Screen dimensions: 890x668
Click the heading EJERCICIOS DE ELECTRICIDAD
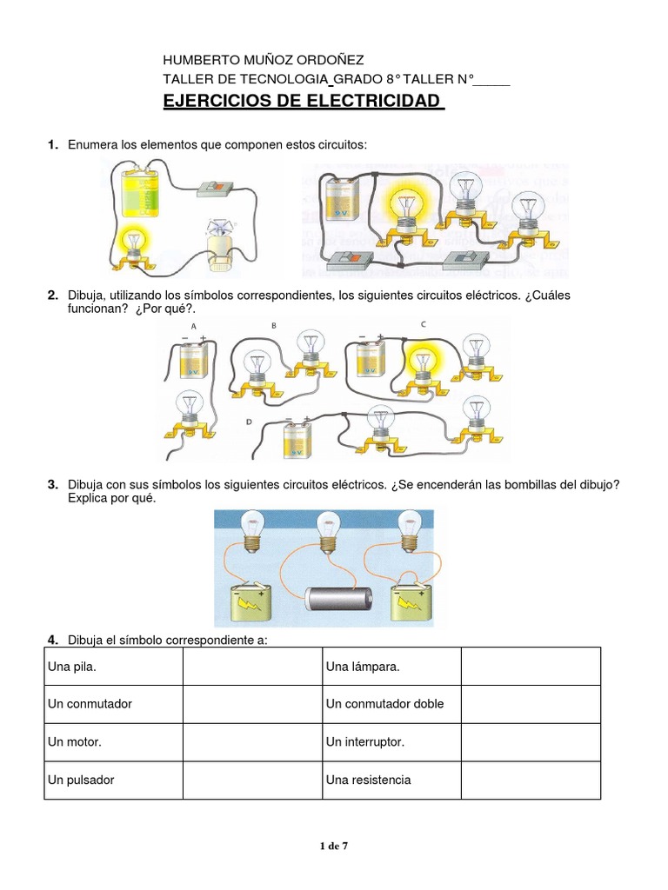304,102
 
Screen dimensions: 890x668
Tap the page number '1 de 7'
334,844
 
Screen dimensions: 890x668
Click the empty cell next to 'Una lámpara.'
531,667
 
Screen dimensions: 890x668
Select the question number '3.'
53,484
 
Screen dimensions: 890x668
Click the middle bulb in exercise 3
329,527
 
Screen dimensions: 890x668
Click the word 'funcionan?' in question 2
98,309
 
